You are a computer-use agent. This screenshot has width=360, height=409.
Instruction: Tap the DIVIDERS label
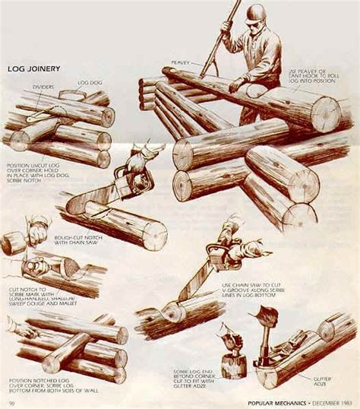[43, 87]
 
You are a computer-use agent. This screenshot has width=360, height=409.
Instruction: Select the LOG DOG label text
[88, 81]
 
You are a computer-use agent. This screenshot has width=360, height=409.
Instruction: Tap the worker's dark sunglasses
[253, 24]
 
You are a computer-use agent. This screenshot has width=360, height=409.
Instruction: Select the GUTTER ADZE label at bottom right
[323, 377]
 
